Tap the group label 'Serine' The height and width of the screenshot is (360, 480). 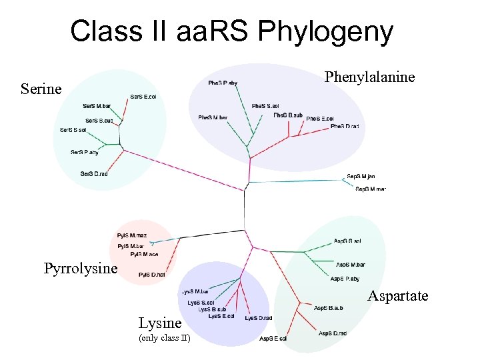pyautogui.click(x=41, y=89)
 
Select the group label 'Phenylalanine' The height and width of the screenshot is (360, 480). pyautogui.click(x=369, y=77)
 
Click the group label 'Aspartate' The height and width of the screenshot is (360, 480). pyautogui.click(x=398, y=296)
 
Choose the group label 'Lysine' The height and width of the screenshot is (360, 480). pyautogui.click(x=160, y=323)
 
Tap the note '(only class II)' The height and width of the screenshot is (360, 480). pyautogui.click(x=164, y=339)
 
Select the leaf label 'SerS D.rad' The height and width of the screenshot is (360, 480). pyautogui.click(x=94, y=174)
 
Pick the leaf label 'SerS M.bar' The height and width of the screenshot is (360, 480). pyautogui.click(x=97, y=106)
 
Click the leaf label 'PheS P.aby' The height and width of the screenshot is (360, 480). pyautogui.click(x=223, y=83)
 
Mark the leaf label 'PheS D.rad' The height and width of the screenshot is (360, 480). pyautogui.click(x=345, y=126)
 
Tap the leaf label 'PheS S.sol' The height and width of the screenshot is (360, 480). pyautogui.click(x=265, y=106)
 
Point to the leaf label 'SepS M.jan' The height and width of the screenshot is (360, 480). pyautogui.click(x=361, y=177)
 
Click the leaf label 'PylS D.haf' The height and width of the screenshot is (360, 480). pyautogui.click(x=151, y=275)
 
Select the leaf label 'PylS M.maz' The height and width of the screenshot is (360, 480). pyautogui.click(x=131, y=235)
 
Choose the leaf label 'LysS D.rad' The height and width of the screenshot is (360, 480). pyautogui.click(x=259, y=318)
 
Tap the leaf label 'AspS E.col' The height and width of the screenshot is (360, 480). pyautogui.click(x=273, y=339)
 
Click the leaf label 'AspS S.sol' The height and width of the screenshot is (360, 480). pyautogui.click(x=347, y=241)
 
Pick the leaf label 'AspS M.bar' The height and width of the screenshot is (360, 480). pyautogui.click(x=351, y=265)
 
